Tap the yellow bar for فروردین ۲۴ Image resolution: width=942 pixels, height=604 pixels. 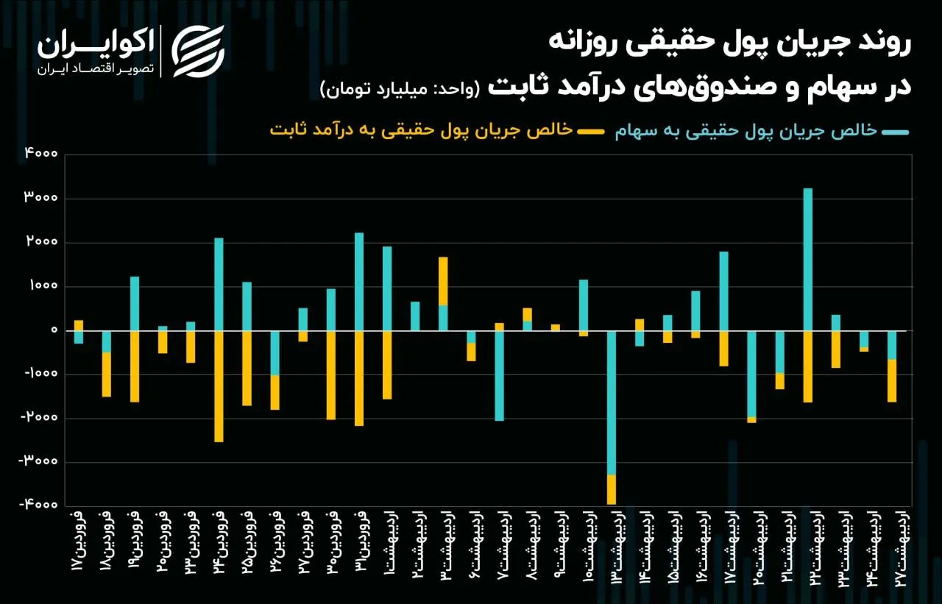(x=219, y=386)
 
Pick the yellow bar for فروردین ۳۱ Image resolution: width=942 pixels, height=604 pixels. (x=359, y=378)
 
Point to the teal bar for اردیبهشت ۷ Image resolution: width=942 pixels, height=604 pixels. (x=500, y=375)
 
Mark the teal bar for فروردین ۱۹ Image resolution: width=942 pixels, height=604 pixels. (x=135, y=303)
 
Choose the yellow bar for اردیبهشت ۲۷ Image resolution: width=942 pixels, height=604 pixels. (x=892, y=380)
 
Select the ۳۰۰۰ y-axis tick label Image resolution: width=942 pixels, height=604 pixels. (x=42, y=199)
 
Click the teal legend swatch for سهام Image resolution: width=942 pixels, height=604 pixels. (x=896, y=132)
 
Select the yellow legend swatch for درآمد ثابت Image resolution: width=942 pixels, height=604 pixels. (x=589, y=132)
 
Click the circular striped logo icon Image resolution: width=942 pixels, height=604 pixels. (x=198, y=51)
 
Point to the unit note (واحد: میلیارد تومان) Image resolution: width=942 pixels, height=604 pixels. (x=400, y=89)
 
